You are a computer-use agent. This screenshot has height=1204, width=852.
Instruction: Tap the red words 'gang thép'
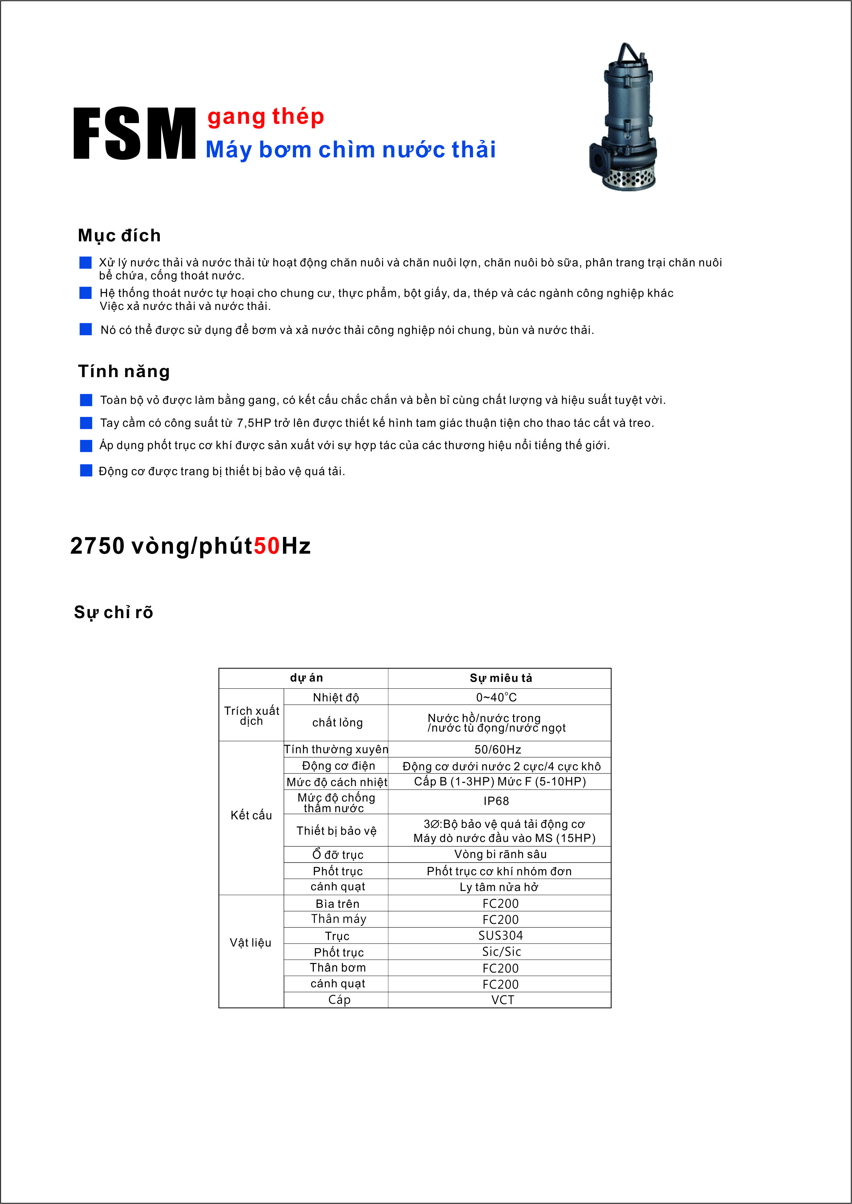tap(265, 117)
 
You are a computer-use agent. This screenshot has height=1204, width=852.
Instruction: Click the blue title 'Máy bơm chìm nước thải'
tap(351, 149)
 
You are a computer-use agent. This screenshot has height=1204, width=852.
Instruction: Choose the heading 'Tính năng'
tap(124, 371)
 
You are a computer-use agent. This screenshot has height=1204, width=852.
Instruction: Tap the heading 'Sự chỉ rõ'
tap(113, 612)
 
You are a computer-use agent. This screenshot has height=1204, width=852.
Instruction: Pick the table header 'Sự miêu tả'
tap(500, 678)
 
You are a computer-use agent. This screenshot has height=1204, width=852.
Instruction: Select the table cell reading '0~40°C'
tap(496, 697)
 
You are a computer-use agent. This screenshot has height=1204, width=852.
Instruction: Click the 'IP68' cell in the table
tap(496, 801)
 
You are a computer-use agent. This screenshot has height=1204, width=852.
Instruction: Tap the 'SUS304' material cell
tap(500, 936)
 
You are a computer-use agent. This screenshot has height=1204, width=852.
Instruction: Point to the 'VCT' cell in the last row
tap(502, 1000)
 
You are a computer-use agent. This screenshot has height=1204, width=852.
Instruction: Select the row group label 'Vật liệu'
tap(251, 943)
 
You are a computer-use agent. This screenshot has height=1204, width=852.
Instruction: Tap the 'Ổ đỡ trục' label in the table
tap(338, 855)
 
